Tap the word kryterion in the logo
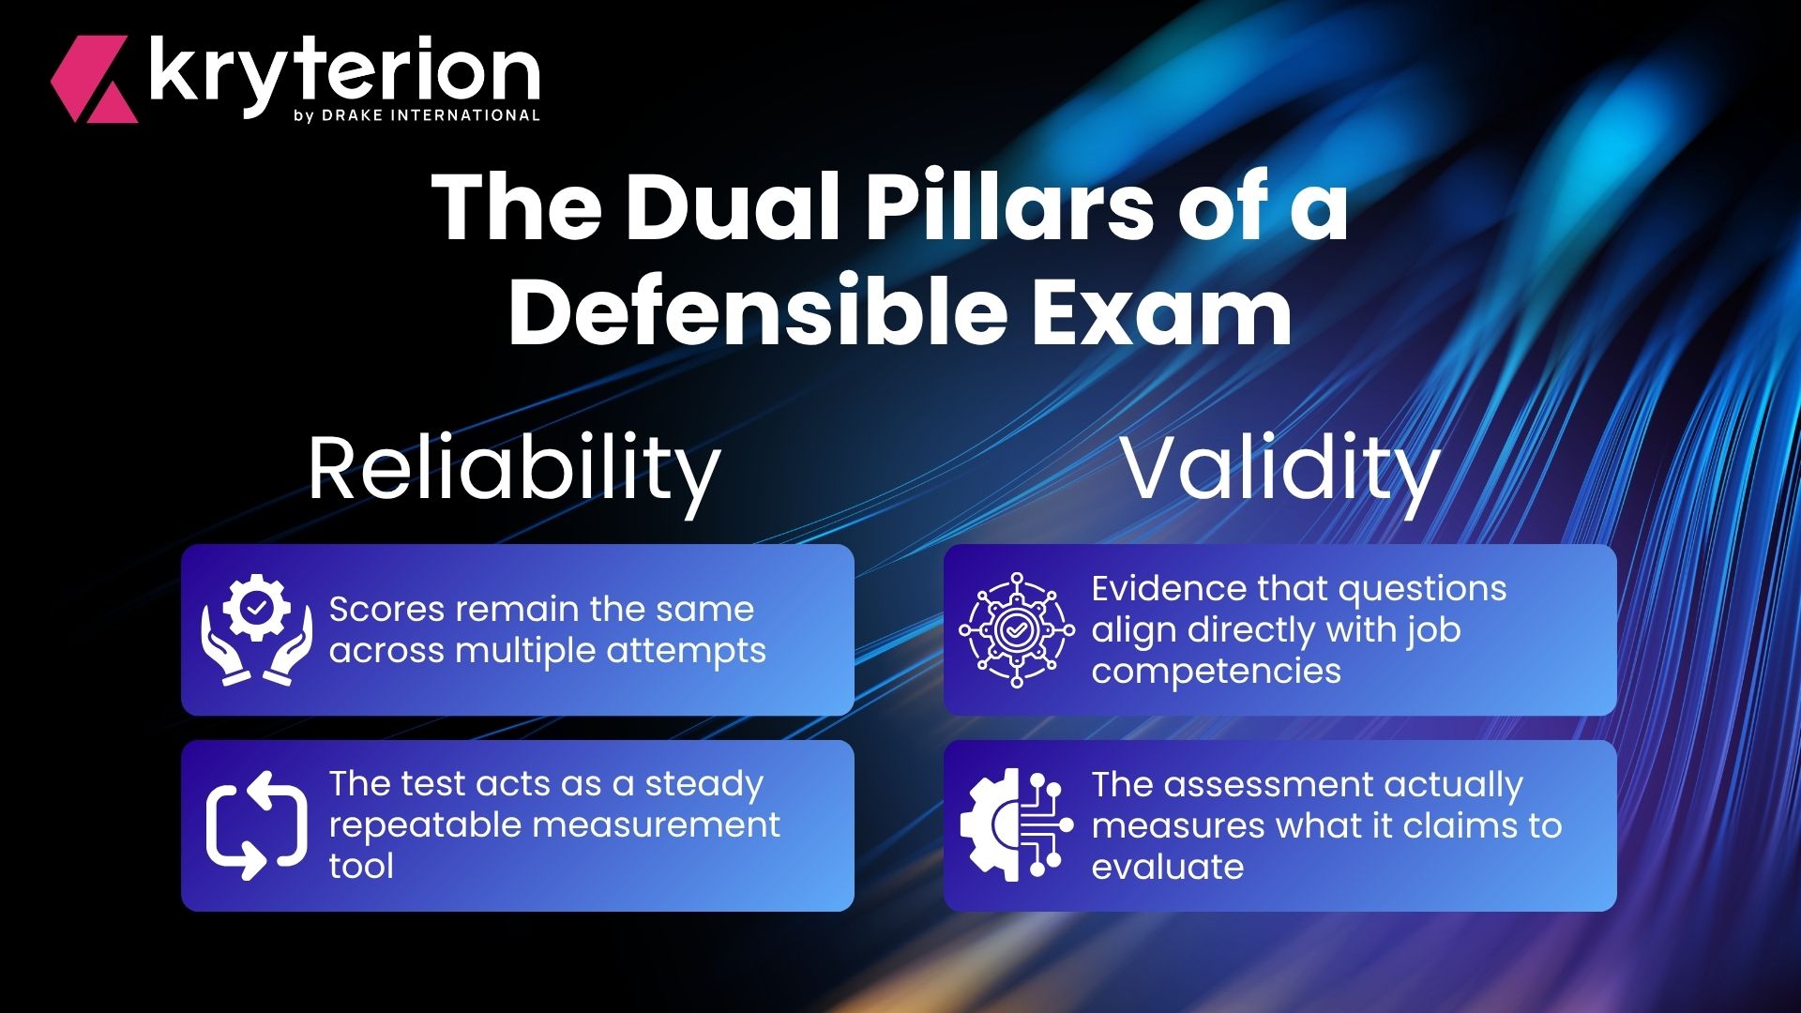[x=344, y=73]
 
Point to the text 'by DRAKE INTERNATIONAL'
[x=416, y=115]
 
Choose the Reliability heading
[x=514, y=471]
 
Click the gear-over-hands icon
[x=256, y=629]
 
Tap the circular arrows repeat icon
[x=256, y=825]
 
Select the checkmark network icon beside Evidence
[x=1017, y=629]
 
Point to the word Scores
[x=386, y=610]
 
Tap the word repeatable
[x=422, y=826]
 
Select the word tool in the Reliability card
[x=362, y=866]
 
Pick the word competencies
[x=1217, y=673]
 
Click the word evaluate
[x=1168, y=867]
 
